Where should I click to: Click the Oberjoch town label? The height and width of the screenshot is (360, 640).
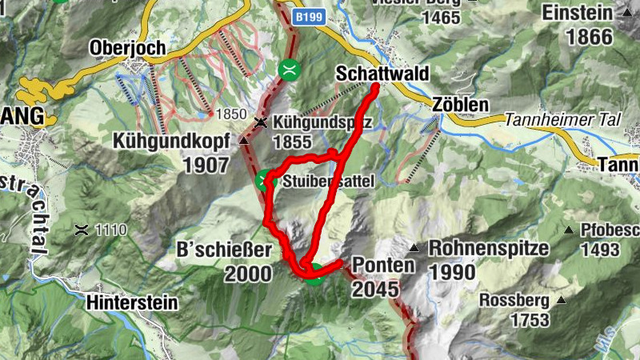(x=128, y=47)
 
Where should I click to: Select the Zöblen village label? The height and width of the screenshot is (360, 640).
(x=459, y=105)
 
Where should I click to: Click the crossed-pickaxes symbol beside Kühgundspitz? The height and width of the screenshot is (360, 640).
(x=261, y=122)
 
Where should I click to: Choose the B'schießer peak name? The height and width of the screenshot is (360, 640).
(x=224, y=250)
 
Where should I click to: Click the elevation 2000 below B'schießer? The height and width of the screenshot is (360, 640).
(x=249, y=274)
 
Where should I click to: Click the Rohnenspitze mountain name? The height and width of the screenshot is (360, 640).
(x=489, y=248)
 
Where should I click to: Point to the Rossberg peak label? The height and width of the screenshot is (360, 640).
(x=514, y=301)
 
